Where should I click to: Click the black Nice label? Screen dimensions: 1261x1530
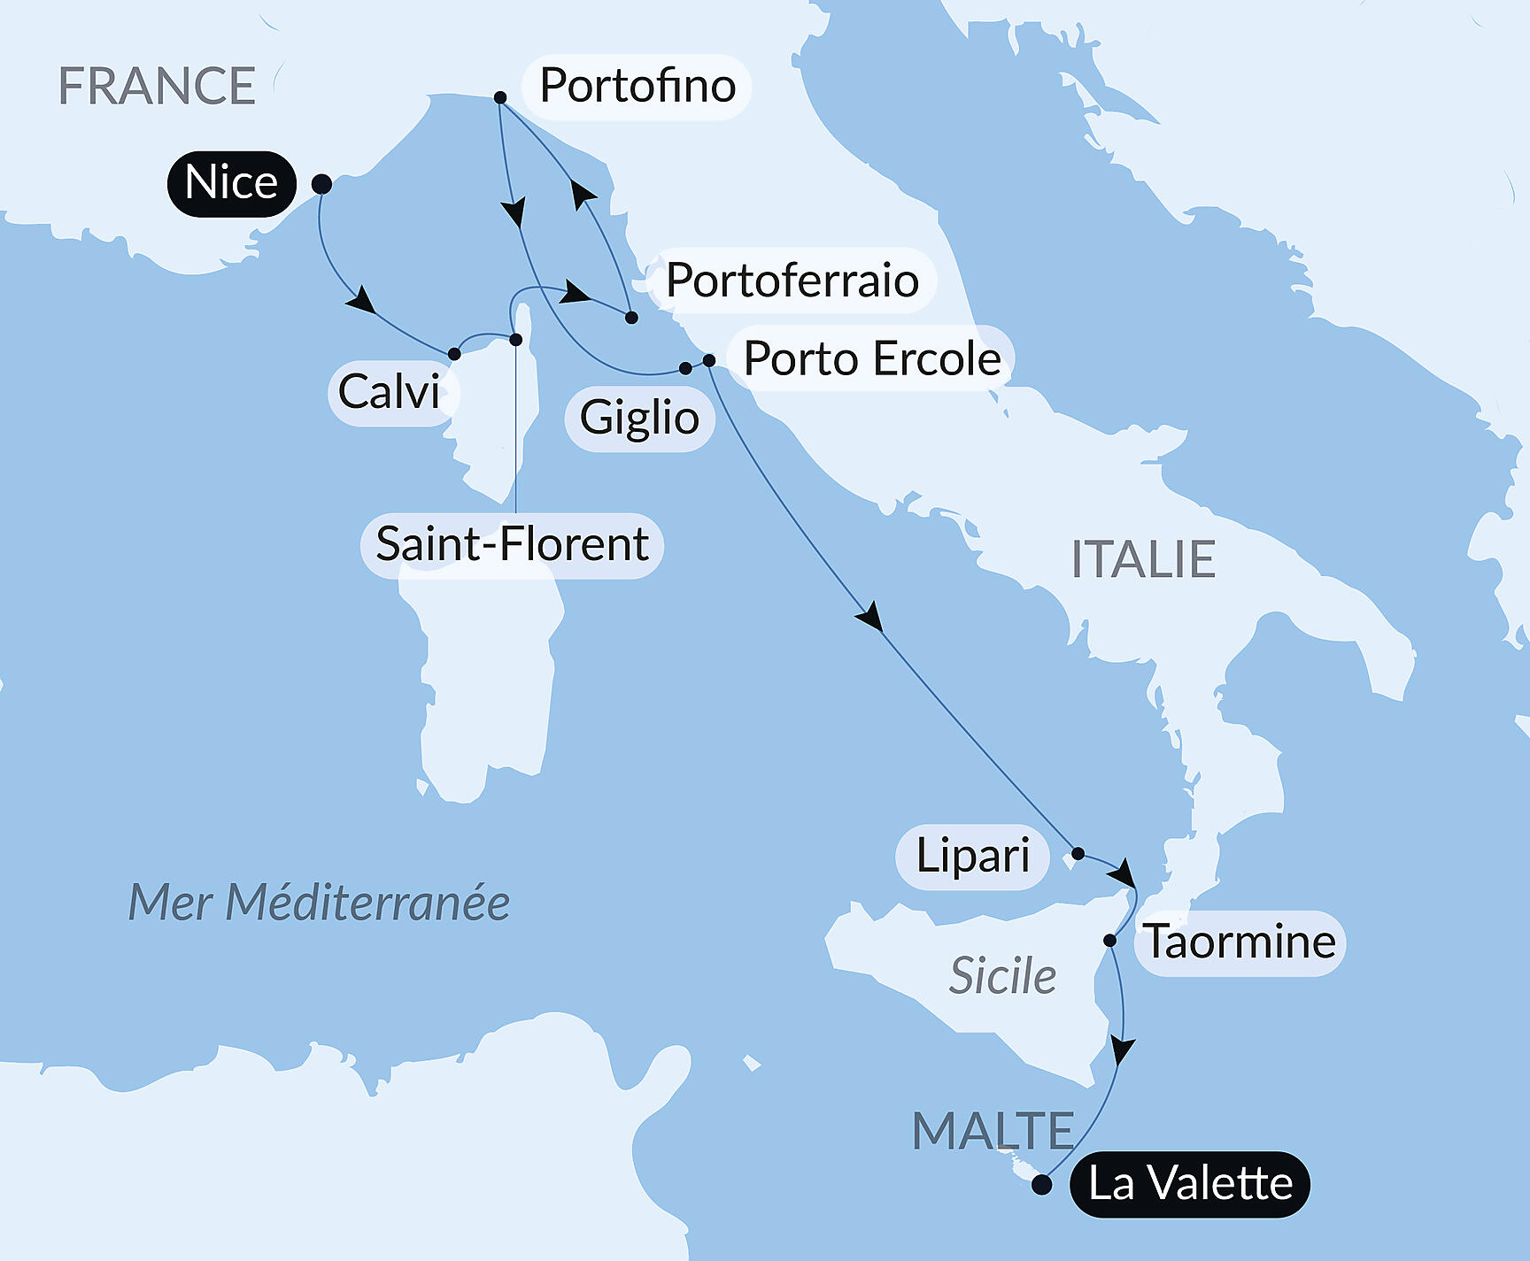pos(231,183)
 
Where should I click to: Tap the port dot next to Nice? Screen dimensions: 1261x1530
pos(322,184)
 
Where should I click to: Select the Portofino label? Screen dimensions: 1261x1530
pos(637,86)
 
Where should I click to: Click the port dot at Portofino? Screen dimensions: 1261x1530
pos(500,97)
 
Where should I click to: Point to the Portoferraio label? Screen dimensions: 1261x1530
pos(792,281)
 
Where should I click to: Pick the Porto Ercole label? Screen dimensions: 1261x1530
pos(871,358)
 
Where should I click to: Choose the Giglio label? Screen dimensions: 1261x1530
pos(639,418)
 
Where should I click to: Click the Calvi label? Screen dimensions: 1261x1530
pos(390,392)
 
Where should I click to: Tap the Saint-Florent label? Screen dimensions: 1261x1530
pos(512,544)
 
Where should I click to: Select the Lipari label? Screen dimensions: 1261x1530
pos(972,856)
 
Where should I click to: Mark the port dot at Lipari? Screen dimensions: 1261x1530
pos(1078,854)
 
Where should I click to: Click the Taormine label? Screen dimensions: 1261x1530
pos(1240,942)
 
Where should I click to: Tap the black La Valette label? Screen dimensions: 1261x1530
pos(1190,1184)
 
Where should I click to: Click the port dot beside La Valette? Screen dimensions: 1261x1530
pos(1042,1185)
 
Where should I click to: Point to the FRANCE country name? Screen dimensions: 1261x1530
pos(157,86)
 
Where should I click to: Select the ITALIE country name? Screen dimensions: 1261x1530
pos(1143,559)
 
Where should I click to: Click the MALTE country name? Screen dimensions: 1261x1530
pos(993,1131)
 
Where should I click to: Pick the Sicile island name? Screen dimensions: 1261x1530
pos(1002,976)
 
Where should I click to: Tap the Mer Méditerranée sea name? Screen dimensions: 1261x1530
pos(319,903)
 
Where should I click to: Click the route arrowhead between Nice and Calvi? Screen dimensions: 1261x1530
pos(360,300)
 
